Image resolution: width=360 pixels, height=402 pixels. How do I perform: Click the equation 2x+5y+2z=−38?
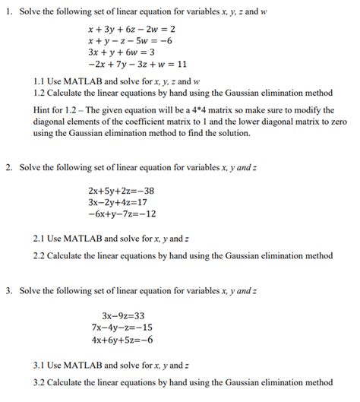click(122, 191)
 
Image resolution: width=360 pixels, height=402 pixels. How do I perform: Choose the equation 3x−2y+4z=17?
click(118, 202)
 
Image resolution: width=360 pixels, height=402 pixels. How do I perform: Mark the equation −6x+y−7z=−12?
click(122, 214)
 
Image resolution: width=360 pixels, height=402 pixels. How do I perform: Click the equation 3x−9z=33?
click(122, 315)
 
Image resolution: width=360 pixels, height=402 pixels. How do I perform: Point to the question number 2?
click(8, 166)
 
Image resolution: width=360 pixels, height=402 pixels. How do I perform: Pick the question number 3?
click(8, 291)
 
